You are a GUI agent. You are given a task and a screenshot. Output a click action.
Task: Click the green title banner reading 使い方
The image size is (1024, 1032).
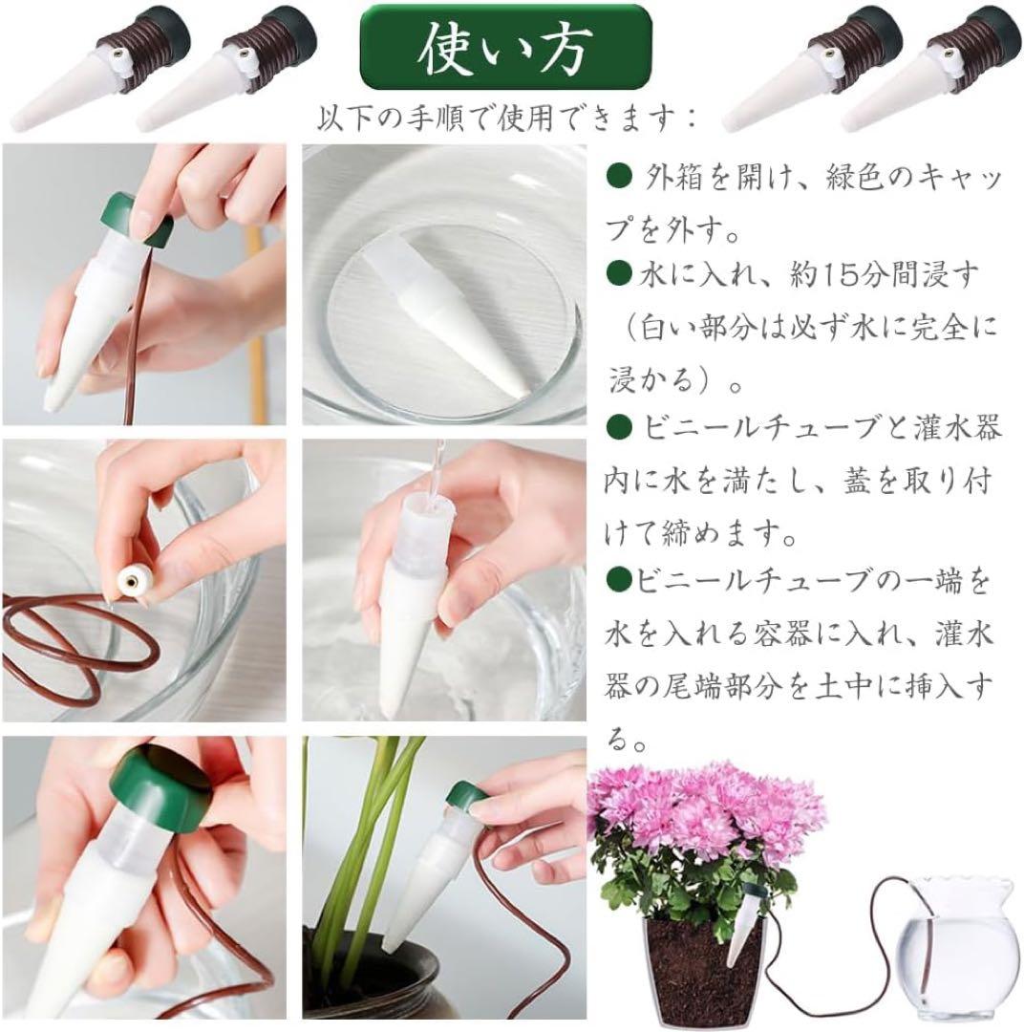tap(504, 47)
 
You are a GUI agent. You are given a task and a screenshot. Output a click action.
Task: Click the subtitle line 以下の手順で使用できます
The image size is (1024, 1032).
tap(505, 119)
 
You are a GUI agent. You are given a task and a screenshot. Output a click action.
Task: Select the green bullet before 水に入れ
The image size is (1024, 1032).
tap(618, 274)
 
